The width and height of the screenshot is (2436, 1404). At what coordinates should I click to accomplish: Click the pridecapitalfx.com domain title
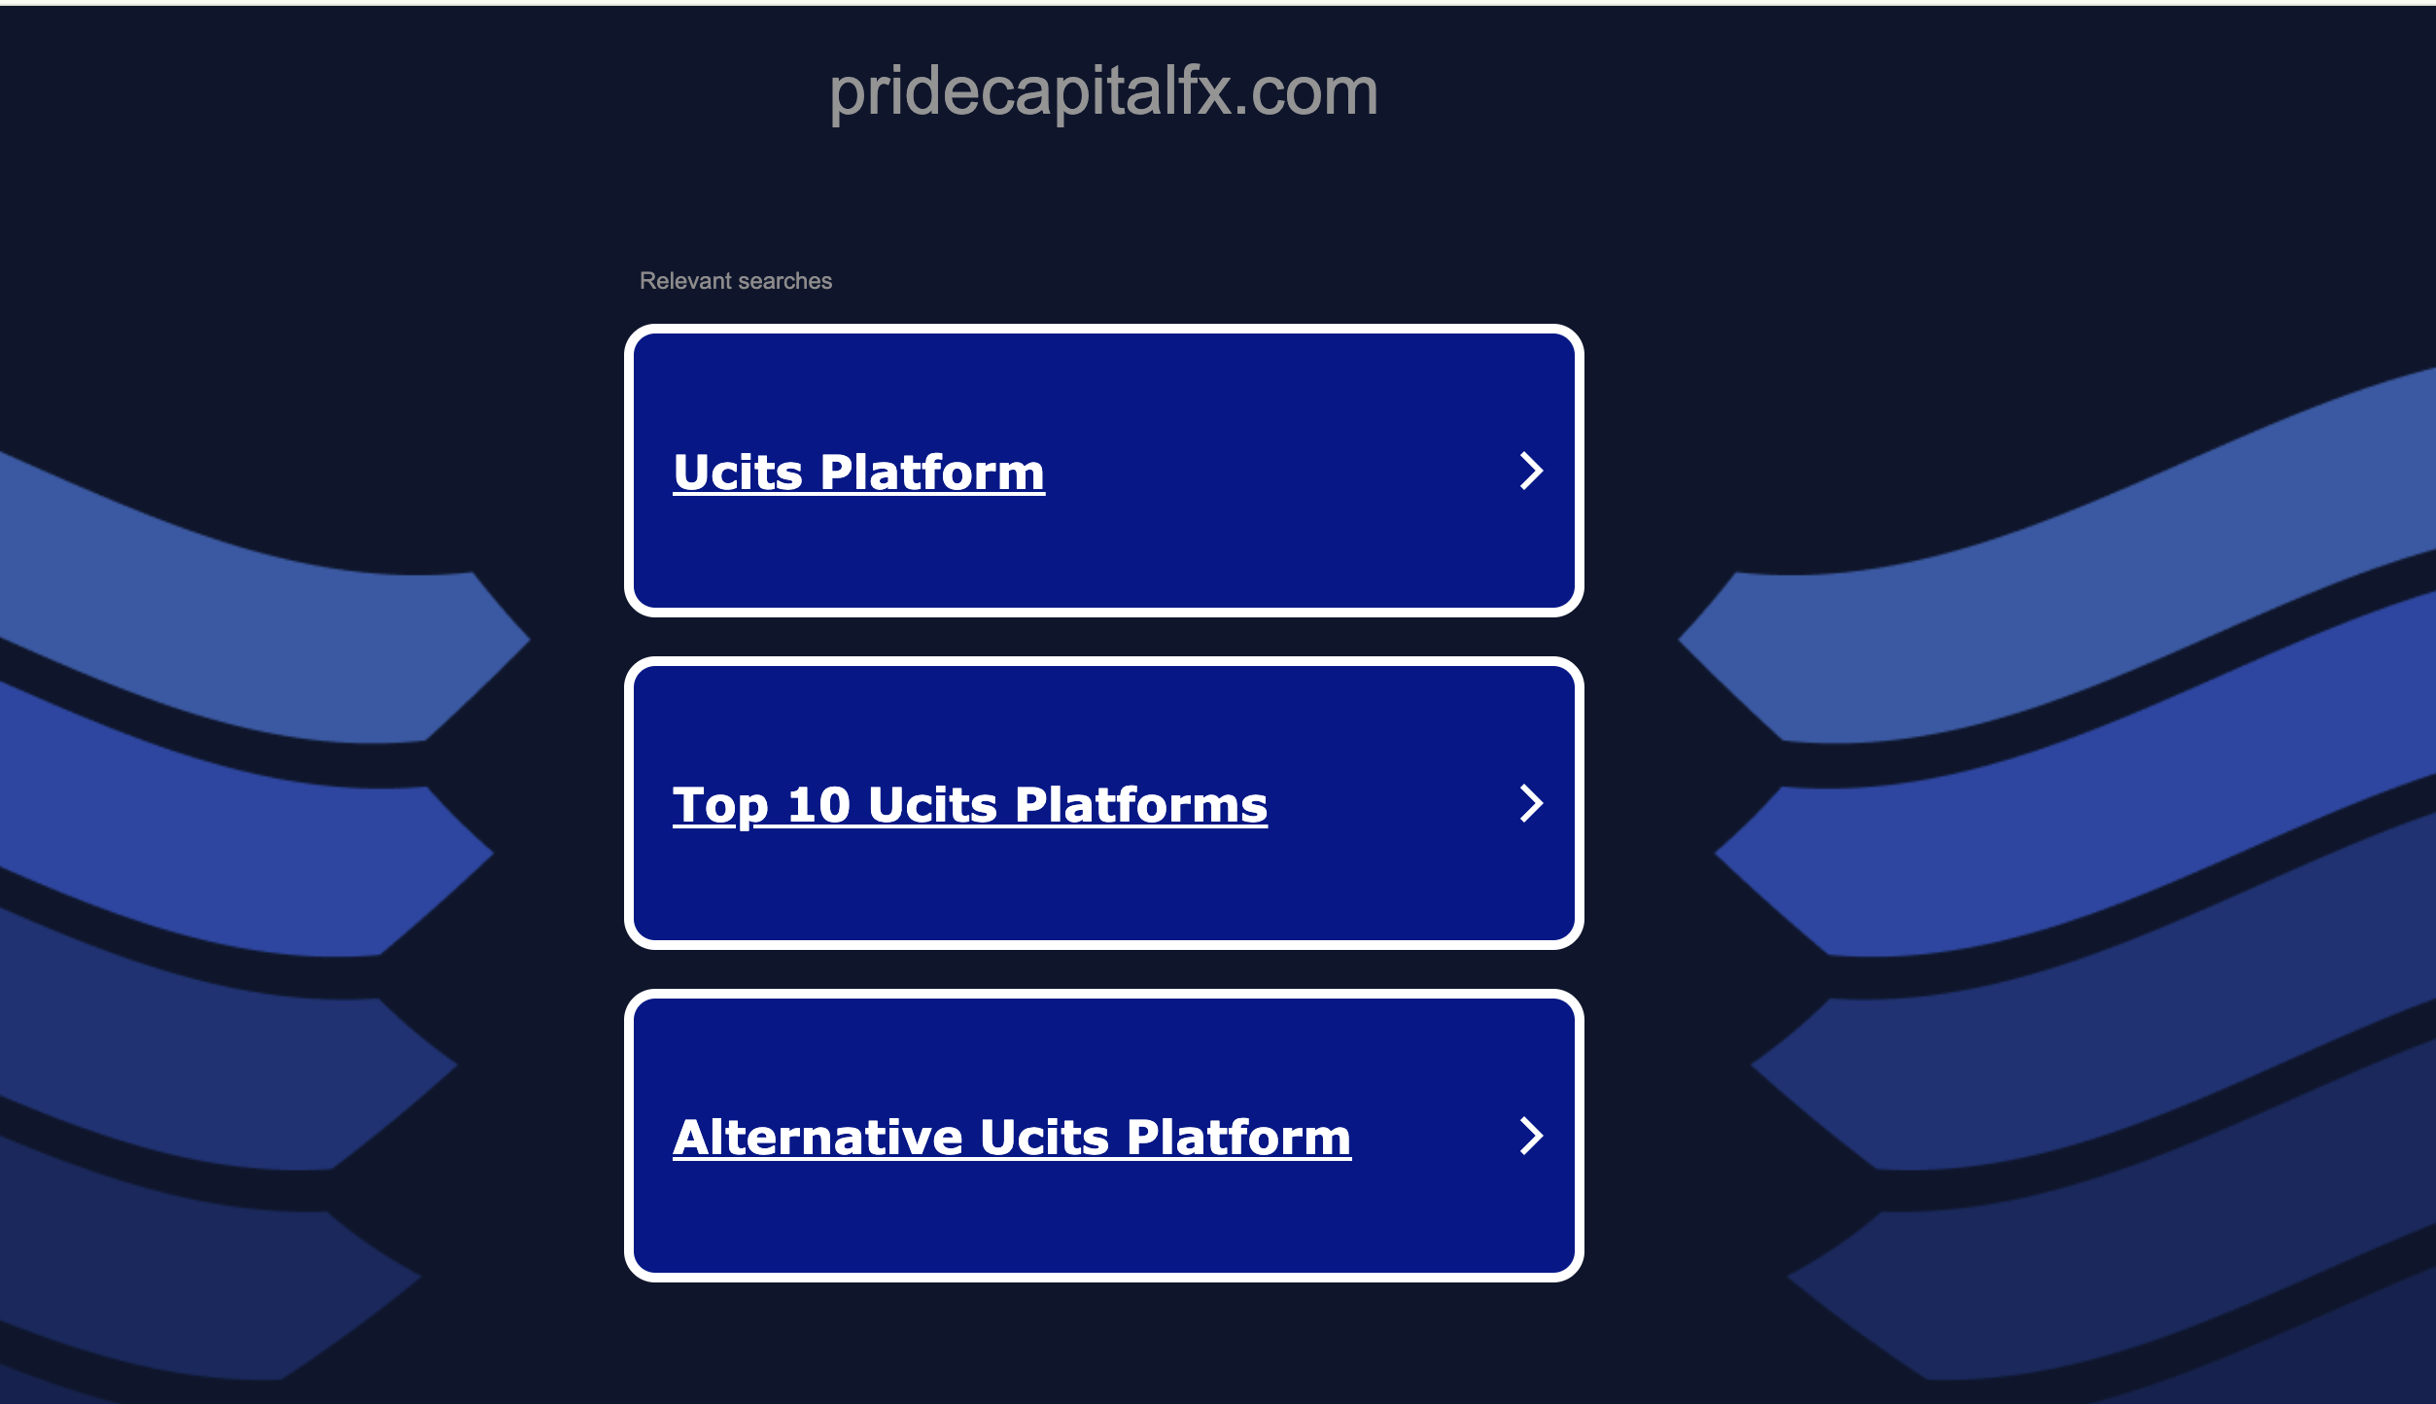(1103, 92)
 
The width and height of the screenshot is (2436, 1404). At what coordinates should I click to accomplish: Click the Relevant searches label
(736, 281)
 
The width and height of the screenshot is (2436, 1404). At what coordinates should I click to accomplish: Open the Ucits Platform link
(858, 473)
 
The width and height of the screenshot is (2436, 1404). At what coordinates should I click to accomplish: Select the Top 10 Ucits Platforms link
(969, 805)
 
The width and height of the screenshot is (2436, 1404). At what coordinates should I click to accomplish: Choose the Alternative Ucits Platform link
(1011, 1138)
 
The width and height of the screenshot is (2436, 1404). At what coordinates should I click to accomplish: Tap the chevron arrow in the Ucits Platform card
(1531, 471)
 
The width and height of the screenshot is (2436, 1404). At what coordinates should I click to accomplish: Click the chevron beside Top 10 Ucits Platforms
(1531, 803)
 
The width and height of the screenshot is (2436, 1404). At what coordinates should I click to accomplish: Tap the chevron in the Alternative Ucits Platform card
(1531, 1136)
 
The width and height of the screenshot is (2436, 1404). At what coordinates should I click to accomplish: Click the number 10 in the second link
(818, 805)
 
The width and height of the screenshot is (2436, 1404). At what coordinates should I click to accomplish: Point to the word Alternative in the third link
(818, 1138)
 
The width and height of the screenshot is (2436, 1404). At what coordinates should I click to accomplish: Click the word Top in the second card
(720, 805)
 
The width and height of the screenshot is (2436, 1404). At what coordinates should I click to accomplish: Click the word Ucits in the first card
(738, 473)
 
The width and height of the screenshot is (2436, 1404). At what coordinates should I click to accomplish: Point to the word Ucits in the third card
(1044, 1138)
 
